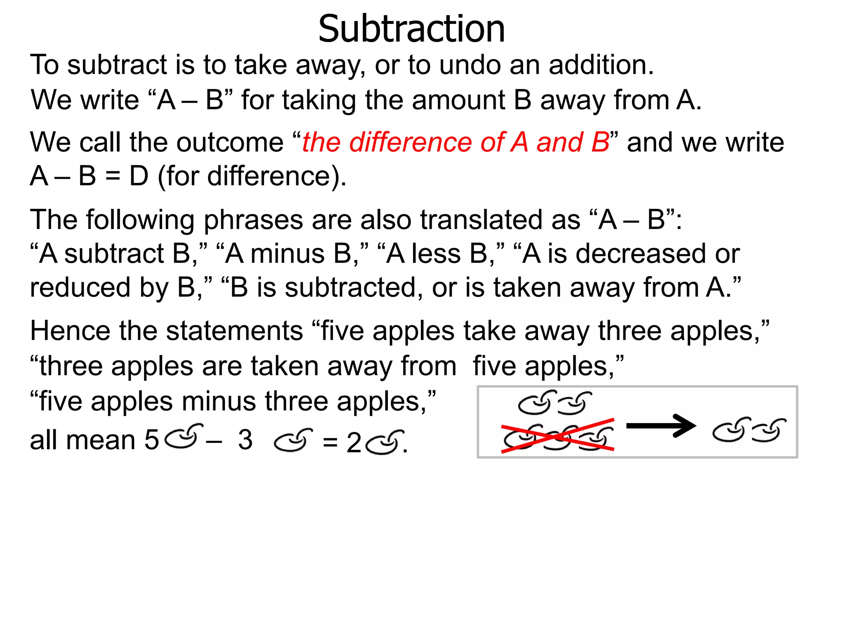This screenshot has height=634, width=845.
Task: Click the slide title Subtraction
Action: (x=411, y=29)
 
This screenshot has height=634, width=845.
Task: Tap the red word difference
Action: (x=411, y=142)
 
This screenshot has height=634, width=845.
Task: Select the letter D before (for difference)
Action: (x=139, y=176)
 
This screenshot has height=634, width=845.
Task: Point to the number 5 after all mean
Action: (x=151, y=440)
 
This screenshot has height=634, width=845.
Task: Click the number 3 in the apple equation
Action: (x=245, y=440)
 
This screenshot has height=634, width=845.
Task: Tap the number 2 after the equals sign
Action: (x=354, y=443)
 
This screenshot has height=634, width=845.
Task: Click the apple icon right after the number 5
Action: (x=184, y=436)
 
